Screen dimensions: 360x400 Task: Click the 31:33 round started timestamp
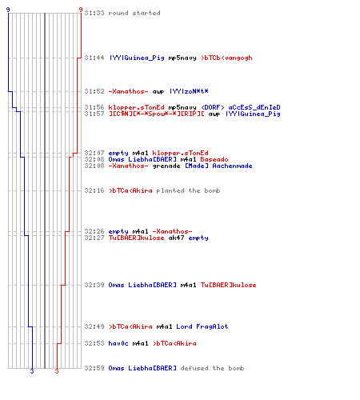94,13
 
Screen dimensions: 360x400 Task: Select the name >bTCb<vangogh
226,58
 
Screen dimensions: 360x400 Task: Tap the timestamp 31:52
94,91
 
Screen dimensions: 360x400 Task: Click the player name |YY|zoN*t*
189,91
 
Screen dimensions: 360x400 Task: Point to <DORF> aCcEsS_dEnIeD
241,107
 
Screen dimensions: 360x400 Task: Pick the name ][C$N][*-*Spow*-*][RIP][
157,114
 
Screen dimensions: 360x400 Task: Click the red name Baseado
214,159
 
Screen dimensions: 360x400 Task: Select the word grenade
166,166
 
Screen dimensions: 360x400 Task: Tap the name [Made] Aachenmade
218,166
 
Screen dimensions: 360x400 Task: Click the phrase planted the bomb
188,190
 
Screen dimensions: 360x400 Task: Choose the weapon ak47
176,238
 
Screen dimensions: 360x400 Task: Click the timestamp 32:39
94,285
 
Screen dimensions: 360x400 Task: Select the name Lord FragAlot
202,326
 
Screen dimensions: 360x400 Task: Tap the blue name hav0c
118,343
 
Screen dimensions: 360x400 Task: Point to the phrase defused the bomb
212,368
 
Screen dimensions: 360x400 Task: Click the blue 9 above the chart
8,10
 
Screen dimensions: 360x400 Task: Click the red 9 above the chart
81,10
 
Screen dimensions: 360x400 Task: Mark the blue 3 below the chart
32,371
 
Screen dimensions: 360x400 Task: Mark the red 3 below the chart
57,371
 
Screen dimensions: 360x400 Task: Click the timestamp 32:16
94,190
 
